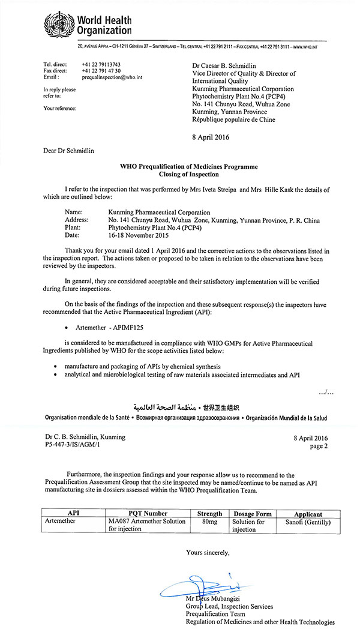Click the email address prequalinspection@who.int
coord(110,77)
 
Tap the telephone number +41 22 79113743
coord(101,64)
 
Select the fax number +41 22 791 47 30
coord(101,70)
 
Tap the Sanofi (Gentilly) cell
coord(308,522)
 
